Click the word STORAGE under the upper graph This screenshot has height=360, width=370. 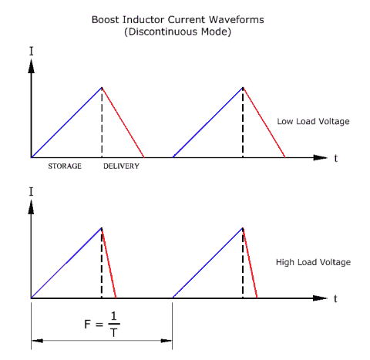[65, 167]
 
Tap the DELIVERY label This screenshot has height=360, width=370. [121, 167]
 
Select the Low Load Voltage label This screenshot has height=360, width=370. [313, 121]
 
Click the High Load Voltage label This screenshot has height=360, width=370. [313, 262]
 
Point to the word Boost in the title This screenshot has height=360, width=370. [106, 20]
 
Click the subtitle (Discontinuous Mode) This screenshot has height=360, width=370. [178, 32]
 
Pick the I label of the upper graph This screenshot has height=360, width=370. [32, 52]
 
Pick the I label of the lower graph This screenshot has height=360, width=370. [32, 192]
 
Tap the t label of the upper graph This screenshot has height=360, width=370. [335, 158]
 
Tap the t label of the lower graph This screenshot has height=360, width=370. [335, 298]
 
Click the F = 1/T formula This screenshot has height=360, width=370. [102, 324]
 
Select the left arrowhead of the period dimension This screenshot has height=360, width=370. [37, 341]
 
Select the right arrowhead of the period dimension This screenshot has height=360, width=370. [166, 341]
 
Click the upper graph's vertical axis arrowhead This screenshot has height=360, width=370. [32, 66]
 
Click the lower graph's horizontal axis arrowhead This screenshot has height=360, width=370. [320, 298]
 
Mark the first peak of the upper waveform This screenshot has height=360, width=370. [102, 87]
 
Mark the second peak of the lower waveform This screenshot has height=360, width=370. [243, 227]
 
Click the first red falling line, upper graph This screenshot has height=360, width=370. [123, 123]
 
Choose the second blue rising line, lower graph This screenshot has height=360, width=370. [207, 263]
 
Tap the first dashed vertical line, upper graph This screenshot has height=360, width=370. [102, 123]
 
